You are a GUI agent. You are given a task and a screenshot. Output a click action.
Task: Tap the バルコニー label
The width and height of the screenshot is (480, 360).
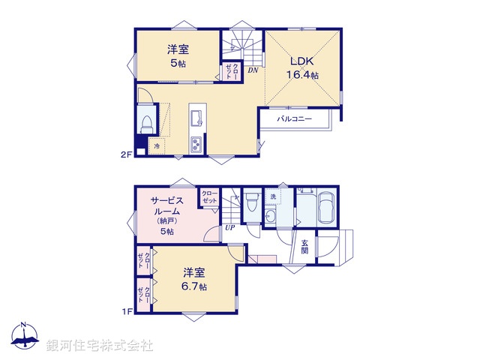[x=295, y=118]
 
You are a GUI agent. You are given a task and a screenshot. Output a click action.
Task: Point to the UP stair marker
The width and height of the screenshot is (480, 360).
[x=229, y=228]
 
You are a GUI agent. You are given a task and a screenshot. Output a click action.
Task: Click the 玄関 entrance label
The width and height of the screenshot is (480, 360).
[x=306, y=247]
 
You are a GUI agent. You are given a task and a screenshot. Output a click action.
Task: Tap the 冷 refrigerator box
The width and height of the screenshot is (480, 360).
[x=157, y=146]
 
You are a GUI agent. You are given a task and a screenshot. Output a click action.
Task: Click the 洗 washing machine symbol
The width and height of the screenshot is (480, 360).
[x=273, y=197]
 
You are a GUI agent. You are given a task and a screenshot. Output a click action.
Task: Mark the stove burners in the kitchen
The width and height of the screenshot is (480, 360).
[x=196, y=145]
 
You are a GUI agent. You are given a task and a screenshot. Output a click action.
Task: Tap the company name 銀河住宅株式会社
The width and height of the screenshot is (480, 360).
[x=100, y=346]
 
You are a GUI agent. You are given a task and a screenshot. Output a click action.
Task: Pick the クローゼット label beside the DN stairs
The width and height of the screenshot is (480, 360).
[x=231, y=73]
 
